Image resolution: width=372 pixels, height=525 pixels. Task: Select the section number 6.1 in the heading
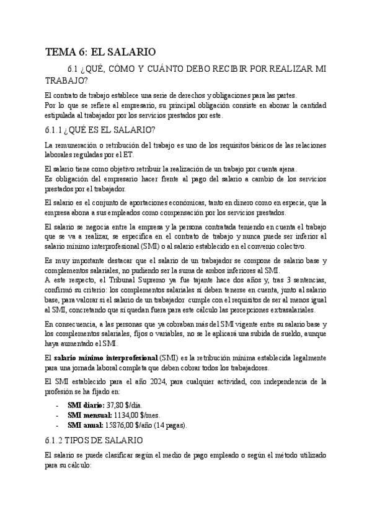pyautogui.click(x=74, y=68)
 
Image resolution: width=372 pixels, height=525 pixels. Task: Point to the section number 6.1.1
pyautogui.click(x=57, y=129)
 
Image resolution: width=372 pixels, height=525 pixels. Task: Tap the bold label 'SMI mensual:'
pyautogui.click(x=89, y=415)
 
